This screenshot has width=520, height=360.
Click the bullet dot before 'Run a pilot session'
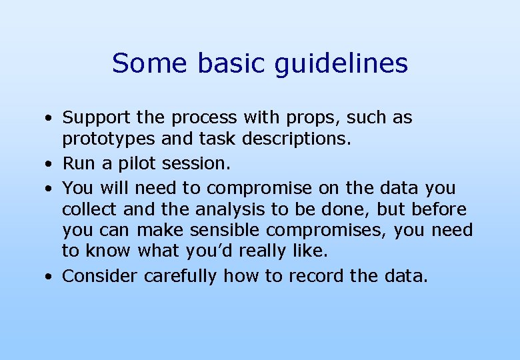click(49, 164)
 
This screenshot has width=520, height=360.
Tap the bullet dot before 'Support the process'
click(49, 119)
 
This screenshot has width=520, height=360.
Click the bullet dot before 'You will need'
click(49, 187)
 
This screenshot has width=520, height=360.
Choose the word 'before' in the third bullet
click(439, 209)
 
